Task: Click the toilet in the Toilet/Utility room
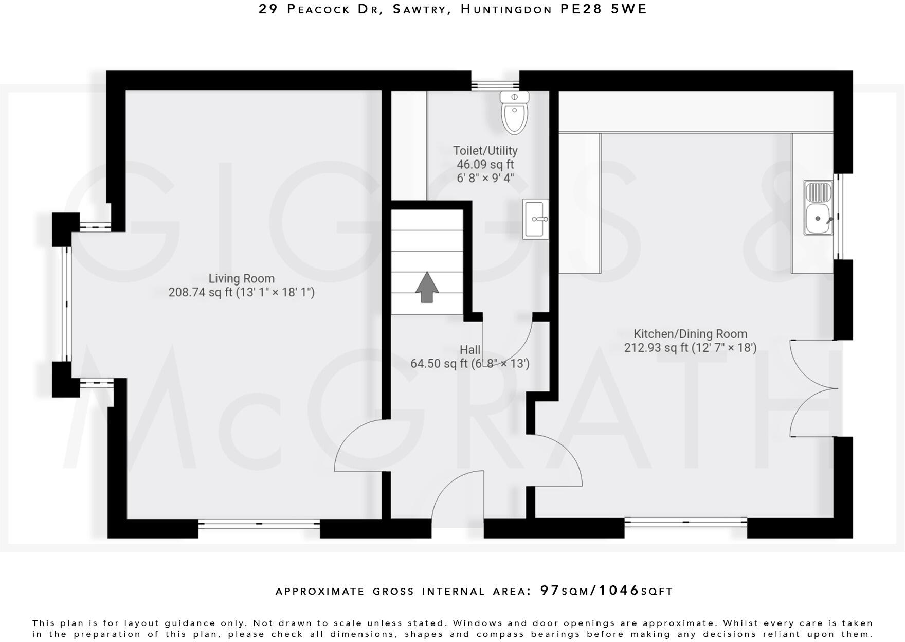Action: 514,113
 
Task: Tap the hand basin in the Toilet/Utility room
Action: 535,219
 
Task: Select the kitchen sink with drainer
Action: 818,208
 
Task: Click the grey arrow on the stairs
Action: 427,287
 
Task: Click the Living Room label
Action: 241,278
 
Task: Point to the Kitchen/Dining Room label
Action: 690,334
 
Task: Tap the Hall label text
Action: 470,350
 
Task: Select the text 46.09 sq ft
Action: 485,165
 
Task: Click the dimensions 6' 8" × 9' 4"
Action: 485,179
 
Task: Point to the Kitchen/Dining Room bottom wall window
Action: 685,522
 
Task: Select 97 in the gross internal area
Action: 550,591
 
